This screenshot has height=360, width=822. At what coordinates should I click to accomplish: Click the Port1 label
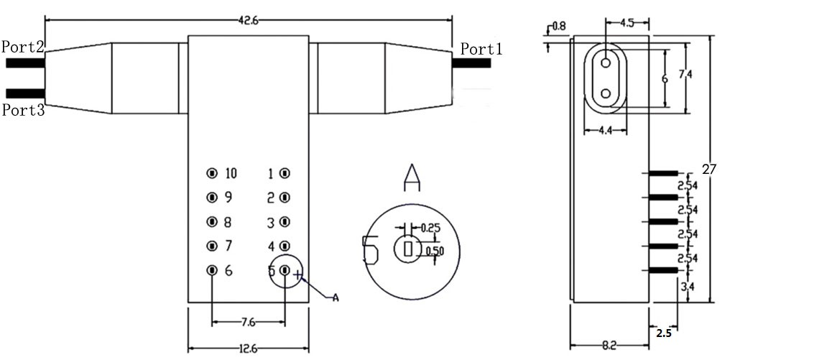(481, 49)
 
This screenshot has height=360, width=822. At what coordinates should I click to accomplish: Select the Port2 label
(23, 47)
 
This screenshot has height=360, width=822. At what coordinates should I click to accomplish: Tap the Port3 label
(23, 110)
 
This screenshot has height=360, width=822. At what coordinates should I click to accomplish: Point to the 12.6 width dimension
(249, 350)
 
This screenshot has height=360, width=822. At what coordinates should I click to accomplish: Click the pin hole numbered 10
(212, 173)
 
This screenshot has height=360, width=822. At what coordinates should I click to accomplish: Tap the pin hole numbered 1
(285, 173)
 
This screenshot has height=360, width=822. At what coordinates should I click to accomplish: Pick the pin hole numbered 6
(212, 270)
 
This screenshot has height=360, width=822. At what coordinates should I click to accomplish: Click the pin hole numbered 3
(285, 222)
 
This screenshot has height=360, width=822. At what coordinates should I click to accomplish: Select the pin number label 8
(228, 222)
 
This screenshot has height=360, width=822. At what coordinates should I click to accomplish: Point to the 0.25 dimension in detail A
(431, 228)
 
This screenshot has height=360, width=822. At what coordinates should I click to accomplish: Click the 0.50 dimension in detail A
(435, 251)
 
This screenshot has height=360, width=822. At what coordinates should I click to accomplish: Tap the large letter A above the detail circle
(411, 177)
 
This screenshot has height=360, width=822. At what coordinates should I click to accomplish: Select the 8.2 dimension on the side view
(609, 346)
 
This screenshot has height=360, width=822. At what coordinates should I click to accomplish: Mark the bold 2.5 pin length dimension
(664, 333)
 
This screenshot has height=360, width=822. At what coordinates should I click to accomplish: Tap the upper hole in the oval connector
(606, 63)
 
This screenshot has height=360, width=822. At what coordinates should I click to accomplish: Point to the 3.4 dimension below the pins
(688, 287)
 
